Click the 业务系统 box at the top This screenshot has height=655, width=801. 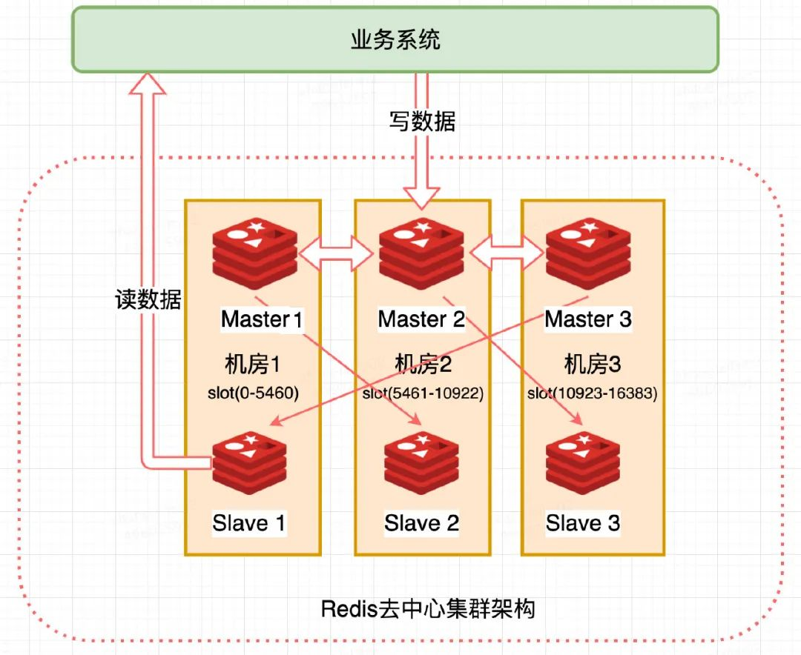point(395,39)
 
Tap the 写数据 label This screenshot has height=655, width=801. point(422,122)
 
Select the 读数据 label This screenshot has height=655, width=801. point(148,299)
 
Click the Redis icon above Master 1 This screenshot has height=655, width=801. point(255,253)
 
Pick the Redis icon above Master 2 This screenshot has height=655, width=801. point(421,253)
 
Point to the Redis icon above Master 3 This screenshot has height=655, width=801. point(588,253)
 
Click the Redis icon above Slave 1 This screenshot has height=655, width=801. point(249,463)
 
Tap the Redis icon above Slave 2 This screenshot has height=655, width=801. point(421,463)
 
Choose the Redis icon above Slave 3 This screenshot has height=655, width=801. point(583,463)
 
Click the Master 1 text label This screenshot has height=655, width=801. point(262,319)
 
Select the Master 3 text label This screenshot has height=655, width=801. point(588,319)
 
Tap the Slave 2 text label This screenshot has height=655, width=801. point(421,523)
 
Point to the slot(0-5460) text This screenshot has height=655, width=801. point(253,393)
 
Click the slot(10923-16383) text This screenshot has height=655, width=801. point(593,393)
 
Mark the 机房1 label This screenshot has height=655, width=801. point(252,365)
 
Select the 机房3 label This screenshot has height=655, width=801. point(593,365)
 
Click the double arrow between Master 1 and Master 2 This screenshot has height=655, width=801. point(336,253)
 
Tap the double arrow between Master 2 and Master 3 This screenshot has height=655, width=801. point(507,252)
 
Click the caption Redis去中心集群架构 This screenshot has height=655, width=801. point(428,609)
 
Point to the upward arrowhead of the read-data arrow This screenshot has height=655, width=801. point(147,83)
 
